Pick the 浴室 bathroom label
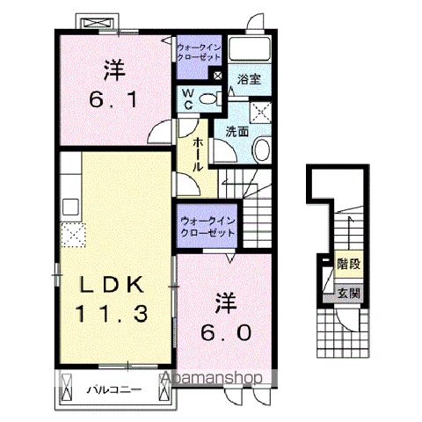tap(249, 79)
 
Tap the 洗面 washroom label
tap(237, 131)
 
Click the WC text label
tap(188, 98)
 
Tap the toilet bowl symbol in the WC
tap(207, 100)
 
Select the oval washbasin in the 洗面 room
tap(262, 149)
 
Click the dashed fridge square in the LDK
tap(72, 234)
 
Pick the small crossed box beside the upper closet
tap(218, 76)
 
